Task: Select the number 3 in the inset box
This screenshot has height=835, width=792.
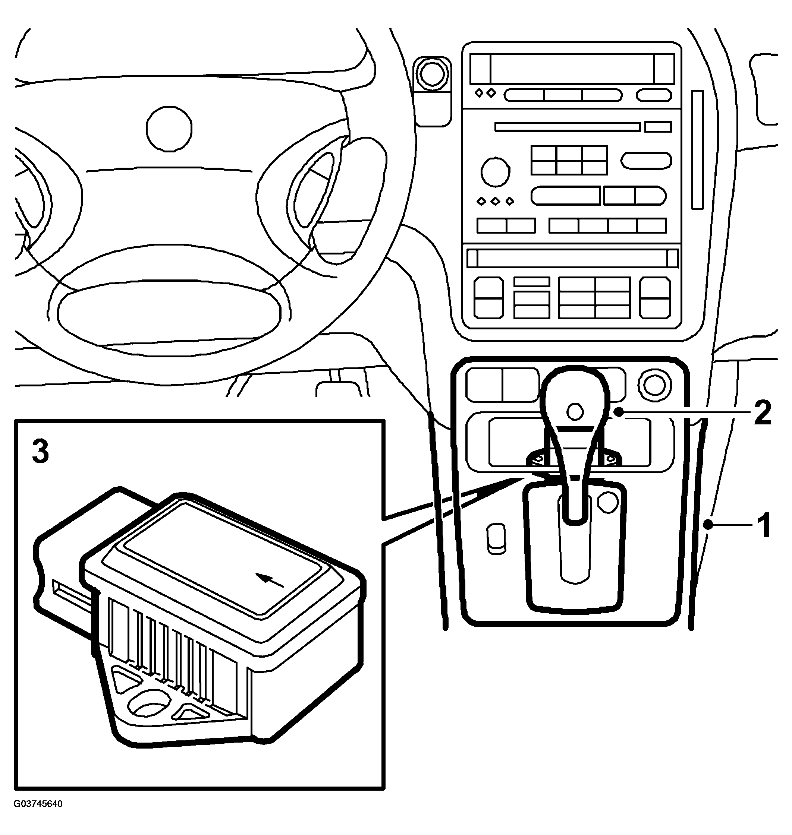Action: [x=41, y=452]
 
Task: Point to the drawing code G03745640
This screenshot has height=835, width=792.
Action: [x=38, y=816]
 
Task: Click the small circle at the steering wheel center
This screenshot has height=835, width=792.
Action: [x=169, y=129]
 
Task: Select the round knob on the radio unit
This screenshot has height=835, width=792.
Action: [x=495, y=172]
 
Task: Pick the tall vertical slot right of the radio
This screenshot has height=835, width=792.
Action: [x=697, y=149]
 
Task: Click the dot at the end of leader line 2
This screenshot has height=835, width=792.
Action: [x=619, y=412]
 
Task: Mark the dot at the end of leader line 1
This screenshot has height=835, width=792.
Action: [x=709, y=525]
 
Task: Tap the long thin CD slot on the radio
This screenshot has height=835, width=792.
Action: [x=568, y=127]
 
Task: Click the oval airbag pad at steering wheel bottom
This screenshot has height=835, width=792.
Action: [x=169, y=312]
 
